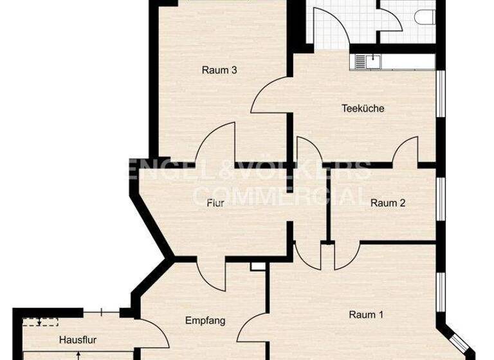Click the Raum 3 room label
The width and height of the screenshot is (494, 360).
coord(219,70)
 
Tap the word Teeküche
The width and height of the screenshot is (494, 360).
coord(363,109)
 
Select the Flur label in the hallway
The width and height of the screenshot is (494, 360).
coord(215,203)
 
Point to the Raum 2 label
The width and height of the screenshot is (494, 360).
coord(387,203)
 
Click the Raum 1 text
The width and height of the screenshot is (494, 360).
coord(366,315)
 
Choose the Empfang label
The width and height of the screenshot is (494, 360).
coord(205,320)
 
